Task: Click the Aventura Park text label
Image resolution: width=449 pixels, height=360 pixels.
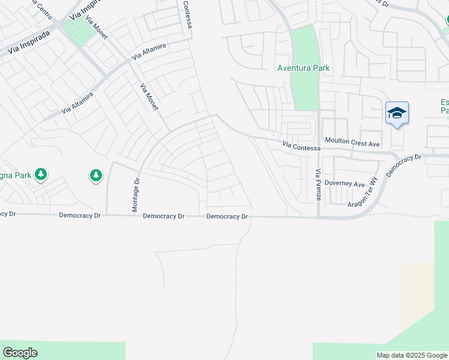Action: (x=303, y=68)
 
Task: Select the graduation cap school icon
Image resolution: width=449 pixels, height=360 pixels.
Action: (x=397, y=113)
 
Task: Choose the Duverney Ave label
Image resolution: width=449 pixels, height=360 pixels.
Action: (x=344, y=184)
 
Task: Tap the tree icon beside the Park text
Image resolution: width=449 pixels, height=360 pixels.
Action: (x=41, y=175)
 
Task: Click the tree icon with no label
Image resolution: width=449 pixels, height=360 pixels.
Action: (x=95, y=175)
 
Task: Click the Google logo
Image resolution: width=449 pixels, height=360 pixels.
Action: (x=20, y=353)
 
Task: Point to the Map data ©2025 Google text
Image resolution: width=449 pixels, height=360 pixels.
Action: (x=412, y=355)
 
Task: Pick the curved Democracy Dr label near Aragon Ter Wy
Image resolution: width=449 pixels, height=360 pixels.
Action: (x=404, y=165)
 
